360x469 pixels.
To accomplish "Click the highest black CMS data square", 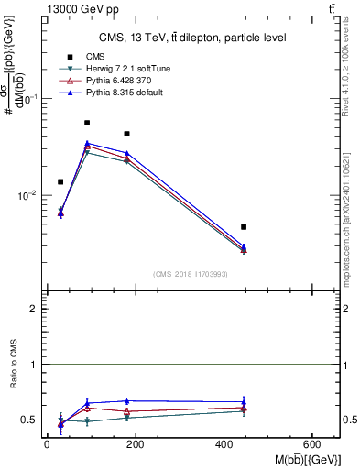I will point(87,123).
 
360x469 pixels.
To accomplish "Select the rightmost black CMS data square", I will point(244,226).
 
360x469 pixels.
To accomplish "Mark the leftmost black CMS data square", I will point(60,181).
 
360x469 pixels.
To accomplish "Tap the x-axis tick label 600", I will point(314,443).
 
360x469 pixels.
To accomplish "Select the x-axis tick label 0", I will point(47,443).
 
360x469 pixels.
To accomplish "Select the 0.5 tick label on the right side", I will point(348,420).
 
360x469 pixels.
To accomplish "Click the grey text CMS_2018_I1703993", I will point(190,274).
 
